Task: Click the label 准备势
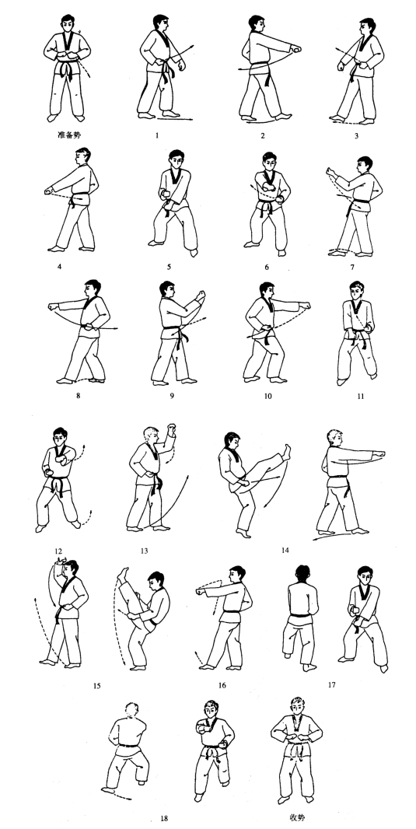[x=71, y=135]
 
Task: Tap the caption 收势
[x=297, y=816]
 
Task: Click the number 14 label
[x=285, y=550]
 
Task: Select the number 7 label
[x=352, y=267]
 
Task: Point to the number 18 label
[x=164, y=818]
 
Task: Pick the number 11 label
[x=361, y=397]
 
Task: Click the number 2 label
[x=263, y=136]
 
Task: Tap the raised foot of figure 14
[x=286, y=450]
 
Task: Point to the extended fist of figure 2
[x=296, y=50]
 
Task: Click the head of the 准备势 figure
[x=68, y=24]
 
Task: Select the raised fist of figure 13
[x=171, y=427]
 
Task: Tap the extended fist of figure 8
[x=52, y=306]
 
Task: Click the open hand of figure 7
[x=331, y=173]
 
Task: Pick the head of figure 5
[x=177, y=159]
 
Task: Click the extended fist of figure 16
[x=201, y=591]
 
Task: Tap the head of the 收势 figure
[x=298, y=707]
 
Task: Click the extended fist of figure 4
[x=49, y=191]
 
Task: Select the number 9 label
[x=172, y=396]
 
